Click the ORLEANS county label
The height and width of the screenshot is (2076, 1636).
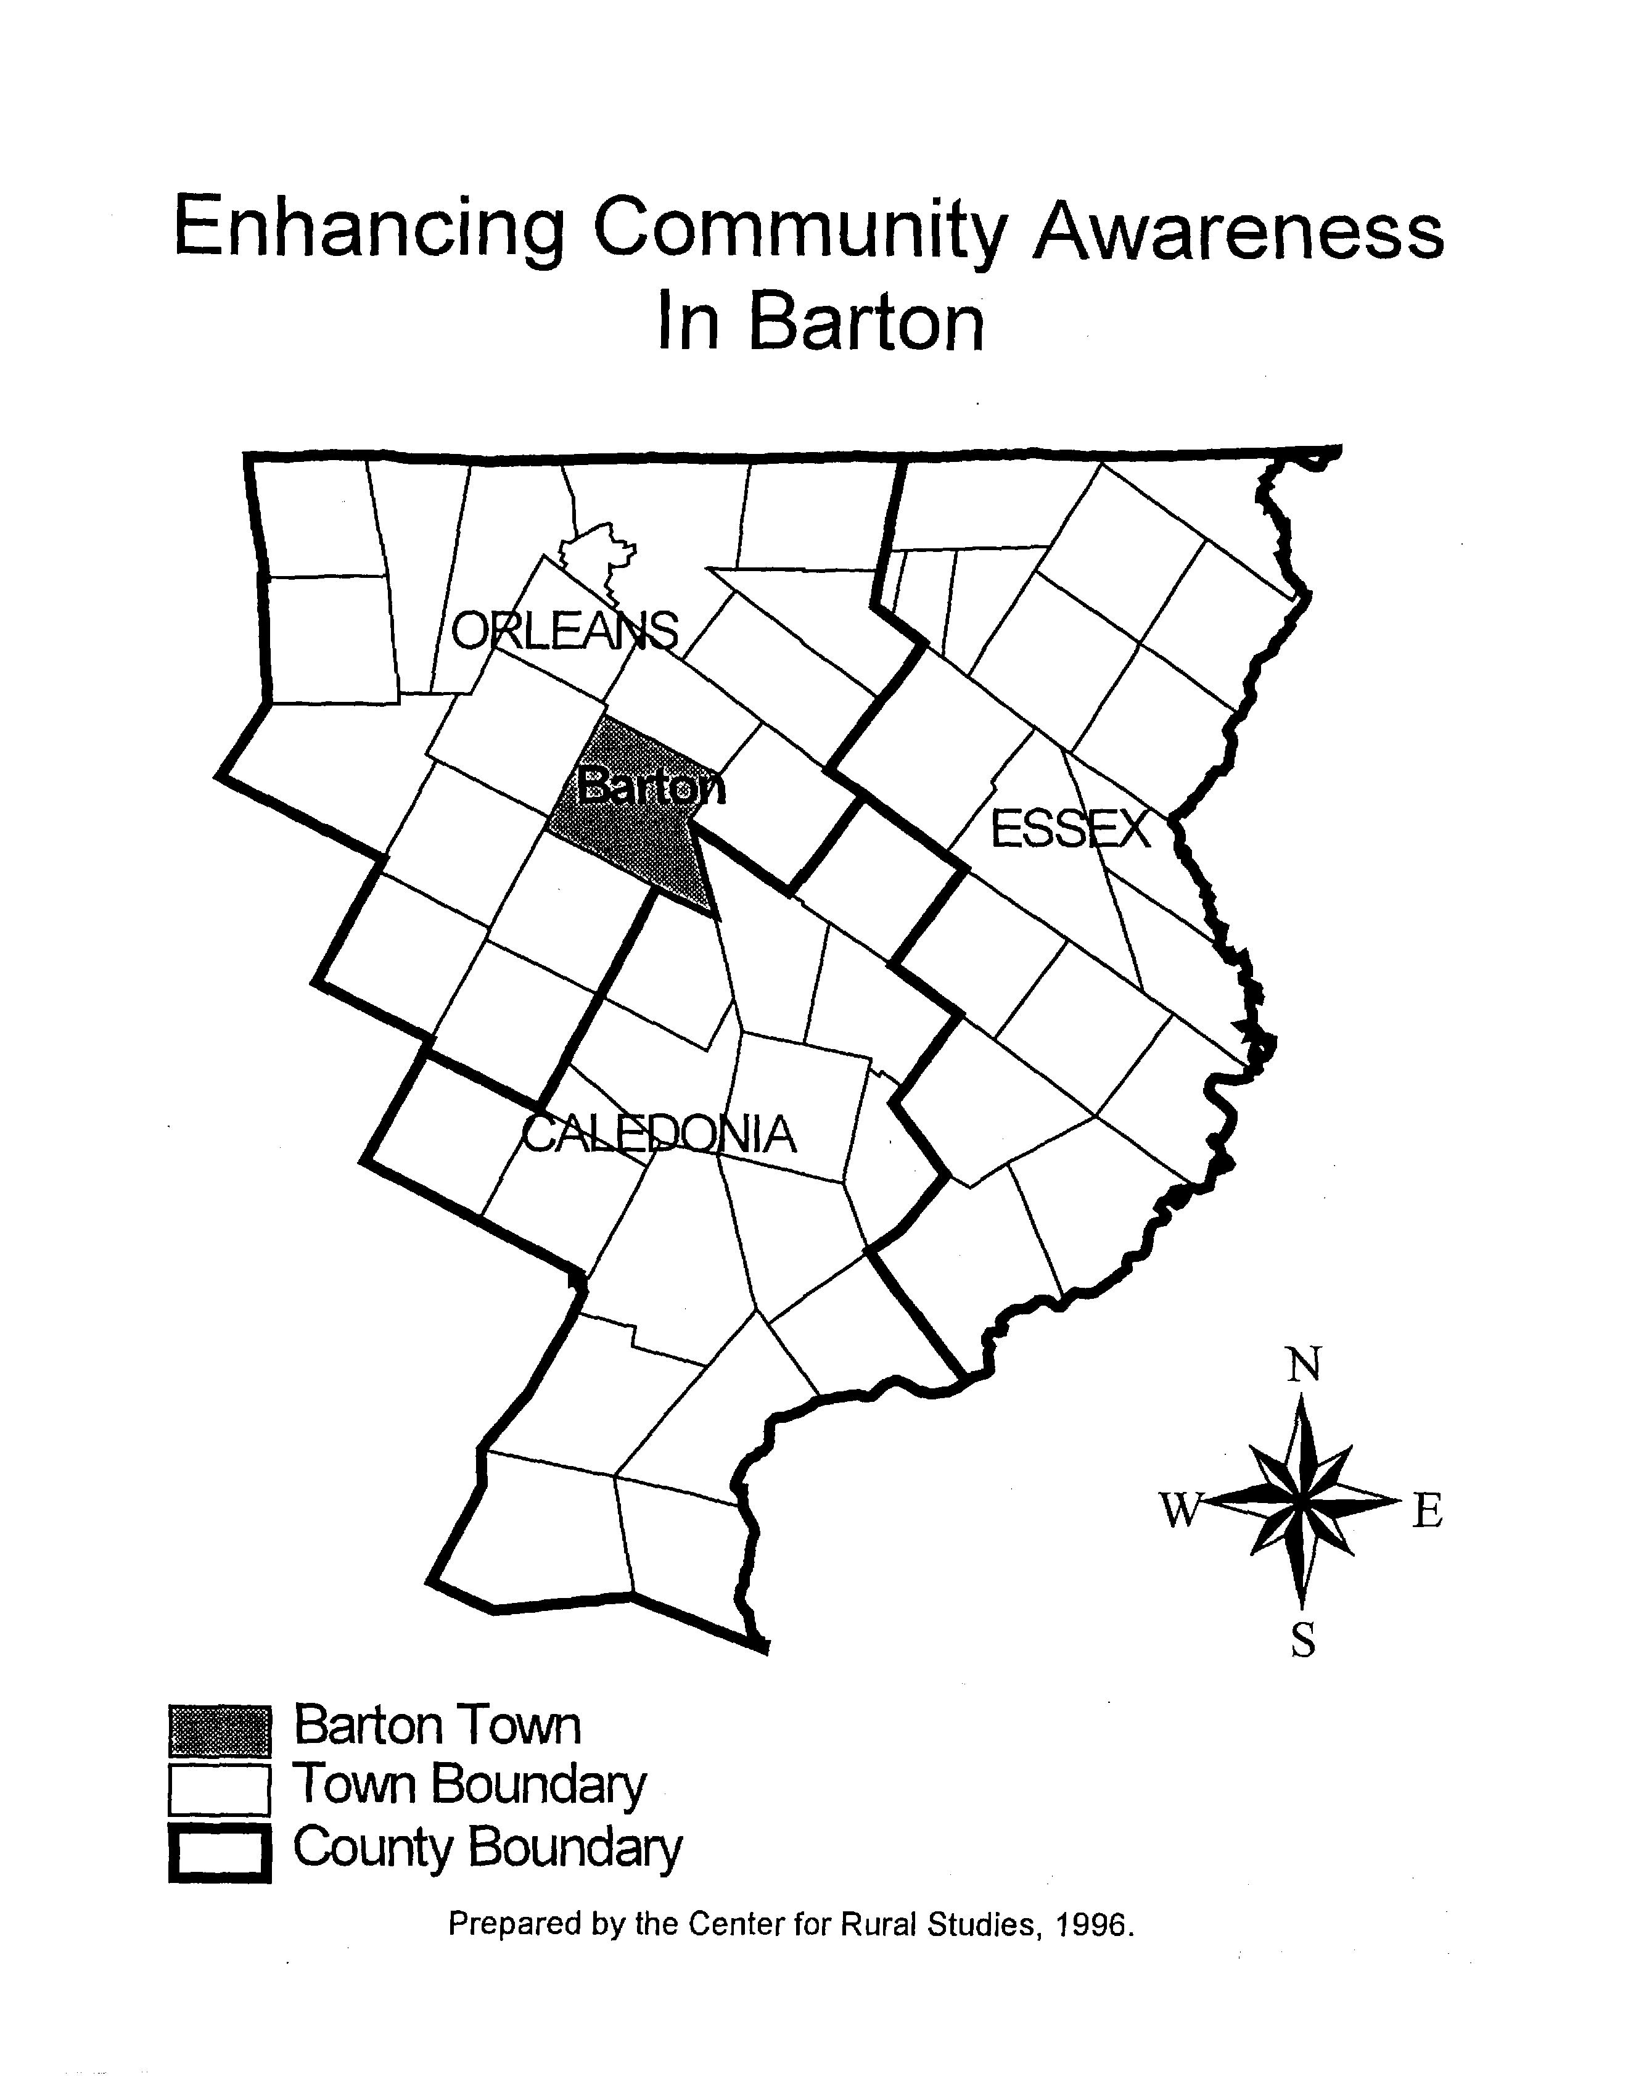(564, 632)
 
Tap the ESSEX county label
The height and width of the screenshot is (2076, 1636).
(1070, 829)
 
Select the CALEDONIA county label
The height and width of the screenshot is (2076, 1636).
(660, 1135)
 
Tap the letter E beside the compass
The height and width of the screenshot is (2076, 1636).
(1426, 1513)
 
